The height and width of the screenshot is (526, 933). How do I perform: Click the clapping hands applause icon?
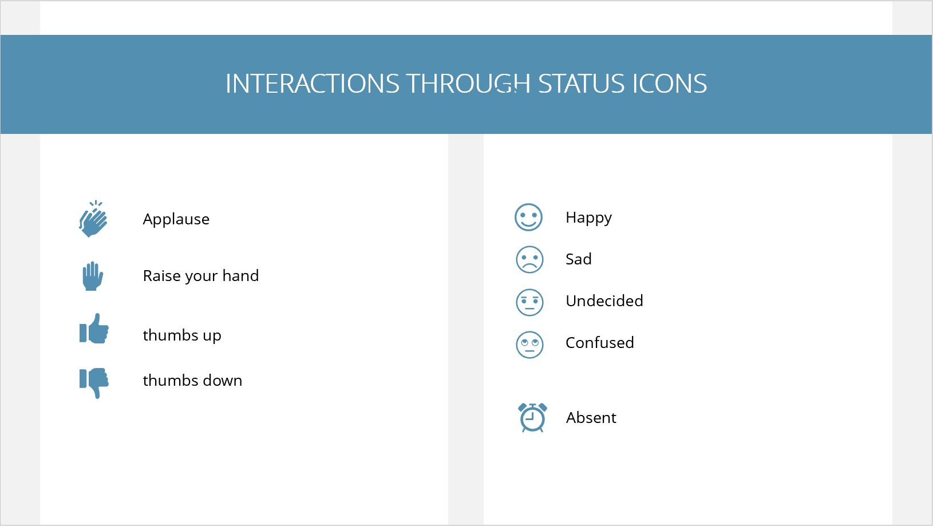[x=93, y=219]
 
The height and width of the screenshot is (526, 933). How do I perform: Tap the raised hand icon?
[x=93, y=276]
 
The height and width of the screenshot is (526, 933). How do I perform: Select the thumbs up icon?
[x=94, y=329]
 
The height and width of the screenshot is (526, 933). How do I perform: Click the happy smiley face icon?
[x=528, y=217]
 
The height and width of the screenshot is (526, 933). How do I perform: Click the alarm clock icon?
[x=532, y=417]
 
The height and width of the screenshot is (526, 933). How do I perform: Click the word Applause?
[x=176, y=219]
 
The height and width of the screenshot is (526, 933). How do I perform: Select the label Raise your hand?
[x=201, y=276]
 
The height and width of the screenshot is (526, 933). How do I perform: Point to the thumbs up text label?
[x=182, y=335]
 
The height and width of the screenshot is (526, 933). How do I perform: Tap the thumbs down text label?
[x=192, y=380]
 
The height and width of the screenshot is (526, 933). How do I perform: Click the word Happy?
[x=588, y=218]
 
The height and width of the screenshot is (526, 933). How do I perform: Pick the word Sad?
[x=579, y=259]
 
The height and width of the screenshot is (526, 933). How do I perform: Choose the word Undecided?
[x=604, y=300]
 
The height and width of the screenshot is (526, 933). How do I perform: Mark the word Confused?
[x=600, y=343]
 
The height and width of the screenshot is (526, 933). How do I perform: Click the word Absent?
[x=591, y=417]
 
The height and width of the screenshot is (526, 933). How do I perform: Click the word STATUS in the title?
[x=582, y=84]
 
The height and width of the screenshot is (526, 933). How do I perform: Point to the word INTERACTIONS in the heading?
[x=313, y=84]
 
